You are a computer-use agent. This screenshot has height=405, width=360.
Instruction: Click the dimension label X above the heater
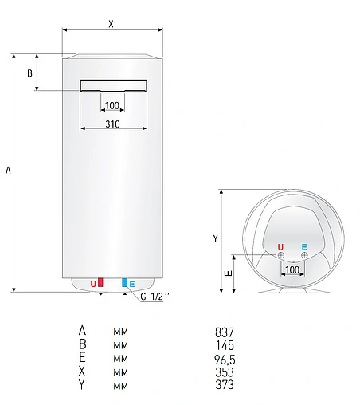[x=112, y=23]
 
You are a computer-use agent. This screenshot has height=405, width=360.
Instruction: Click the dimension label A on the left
[x=8, y=170]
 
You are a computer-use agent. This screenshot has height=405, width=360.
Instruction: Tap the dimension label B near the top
[x=30, y=73]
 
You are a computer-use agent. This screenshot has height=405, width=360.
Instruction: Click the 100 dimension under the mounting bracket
[x=112, y=106]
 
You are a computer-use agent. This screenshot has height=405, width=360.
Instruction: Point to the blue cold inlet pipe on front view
[x=123, y=283]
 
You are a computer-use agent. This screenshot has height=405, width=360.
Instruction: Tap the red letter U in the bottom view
[x=280, y=247]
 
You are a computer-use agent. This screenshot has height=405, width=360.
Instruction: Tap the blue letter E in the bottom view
[x=304, y=247]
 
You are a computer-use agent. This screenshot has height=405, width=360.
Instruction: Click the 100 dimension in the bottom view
[x=292, y=271]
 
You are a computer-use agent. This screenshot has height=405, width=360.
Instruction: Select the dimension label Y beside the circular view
[x=215, y=238]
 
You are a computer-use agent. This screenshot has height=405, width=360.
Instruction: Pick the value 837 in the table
[x=225, y=331]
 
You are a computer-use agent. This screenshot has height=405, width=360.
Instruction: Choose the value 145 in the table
[x=225, y=344]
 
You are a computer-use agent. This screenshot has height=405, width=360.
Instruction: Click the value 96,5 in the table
[x=225, y=358]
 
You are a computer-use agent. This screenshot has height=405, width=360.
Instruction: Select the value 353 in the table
[x=225, y=372]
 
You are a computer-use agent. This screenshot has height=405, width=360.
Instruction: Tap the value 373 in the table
[x=225, y=385]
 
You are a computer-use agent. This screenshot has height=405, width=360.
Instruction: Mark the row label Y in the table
[x=81, y=385]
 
